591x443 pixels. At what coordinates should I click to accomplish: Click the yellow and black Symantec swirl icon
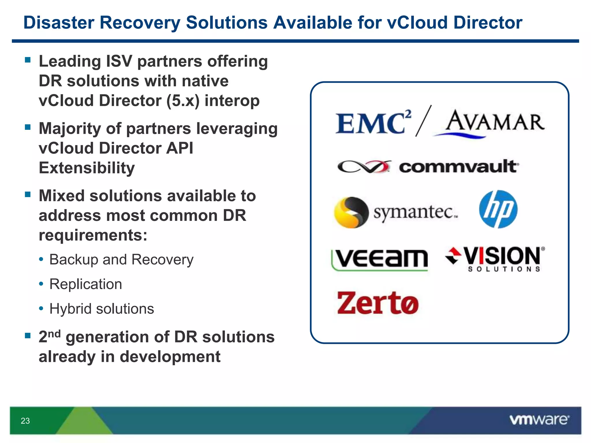[351, 213]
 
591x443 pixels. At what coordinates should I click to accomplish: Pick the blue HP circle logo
[498, 209]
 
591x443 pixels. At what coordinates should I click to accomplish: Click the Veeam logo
[380, 259]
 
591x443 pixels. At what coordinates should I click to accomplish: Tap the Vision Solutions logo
[495, 259]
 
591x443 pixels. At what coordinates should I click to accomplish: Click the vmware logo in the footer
[539, 420]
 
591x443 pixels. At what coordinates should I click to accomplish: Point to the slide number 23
[25, 421]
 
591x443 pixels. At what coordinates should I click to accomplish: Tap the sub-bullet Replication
[86, 284]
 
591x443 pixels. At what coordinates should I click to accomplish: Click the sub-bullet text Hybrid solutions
[102, 309]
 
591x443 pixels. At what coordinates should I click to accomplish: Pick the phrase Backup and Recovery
[121, 260]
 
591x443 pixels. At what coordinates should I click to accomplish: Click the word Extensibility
[87, 168]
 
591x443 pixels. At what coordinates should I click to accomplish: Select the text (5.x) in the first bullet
[183, 101]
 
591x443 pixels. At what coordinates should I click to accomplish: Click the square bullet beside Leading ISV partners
[28, 60]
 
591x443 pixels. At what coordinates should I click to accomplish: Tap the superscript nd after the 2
[54, 333]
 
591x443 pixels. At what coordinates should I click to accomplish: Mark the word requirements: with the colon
[93, 235]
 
